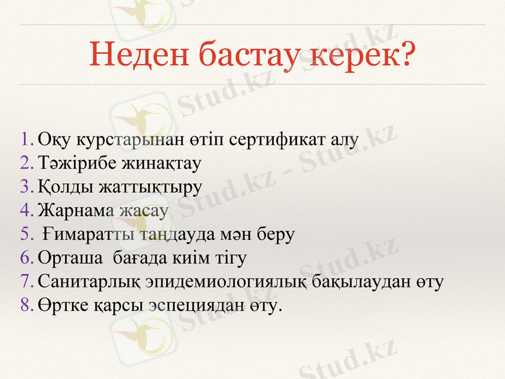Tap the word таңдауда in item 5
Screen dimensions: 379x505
(174, 234)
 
